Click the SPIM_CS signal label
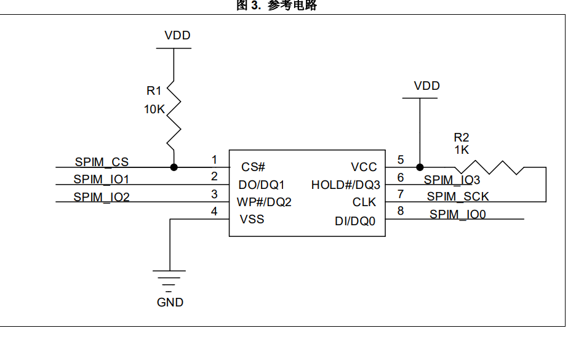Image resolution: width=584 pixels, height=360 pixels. coord(102,162)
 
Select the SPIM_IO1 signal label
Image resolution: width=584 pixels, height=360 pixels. coord(102,180)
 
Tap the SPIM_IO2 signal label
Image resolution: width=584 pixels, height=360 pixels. coord(102,197)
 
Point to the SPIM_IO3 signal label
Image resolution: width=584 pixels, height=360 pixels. coord(452,180)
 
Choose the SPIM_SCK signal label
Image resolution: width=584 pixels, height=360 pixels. coord(458,197)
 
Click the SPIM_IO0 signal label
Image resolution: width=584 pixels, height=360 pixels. coord(458,214)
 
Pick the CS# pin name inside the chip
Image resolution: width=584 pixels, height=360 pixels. coord(253,167)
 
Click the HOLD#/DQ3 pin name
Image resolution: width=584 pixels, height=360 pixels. coord(345,185)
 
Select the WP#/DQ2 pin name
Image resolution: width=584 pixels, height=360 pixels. coord(264,202)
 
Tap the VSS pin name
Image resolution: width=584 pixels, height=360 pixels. coord(252,219)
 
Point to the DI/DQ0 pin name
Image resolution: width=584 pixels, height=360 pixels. coord(355,220)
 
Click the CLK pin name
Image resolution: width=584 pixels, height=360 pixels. coord(364,202)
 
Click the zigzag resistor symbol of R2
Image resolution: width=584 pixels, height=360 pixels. coord(489,167)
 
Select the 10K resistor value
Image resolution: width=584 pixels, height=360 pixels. coord(154,109)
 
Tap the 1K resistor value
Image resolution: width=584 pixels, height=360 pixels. coord(462,150)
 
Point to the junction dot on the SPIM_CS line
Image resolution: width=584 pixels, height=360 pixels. coord(174,167)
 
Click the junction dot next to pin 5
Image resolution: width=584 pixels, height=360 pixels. coord(420,167)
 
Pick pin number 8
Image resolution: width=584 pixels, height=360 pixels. coord(401,211)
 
